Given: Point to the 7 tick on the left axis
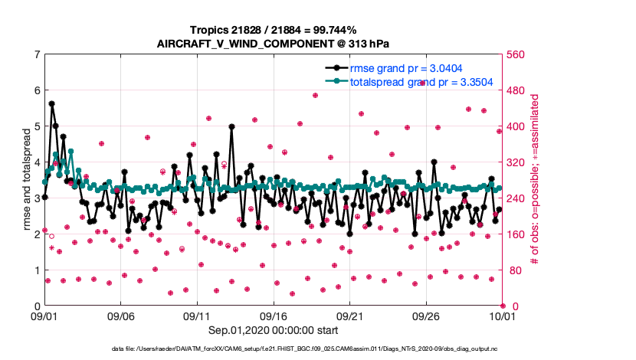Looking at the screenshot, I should (x=37, y=54).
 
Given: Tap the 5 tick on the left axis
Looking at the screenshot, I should (x=37, y=126).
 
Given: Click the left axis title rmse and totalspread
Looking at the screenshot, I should (x=26, y=181).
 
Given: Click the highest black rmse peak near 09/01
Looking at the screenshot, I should (x=51, y=103).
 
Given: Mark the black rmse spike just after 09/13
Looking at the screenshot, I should (x=231, y=127).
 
